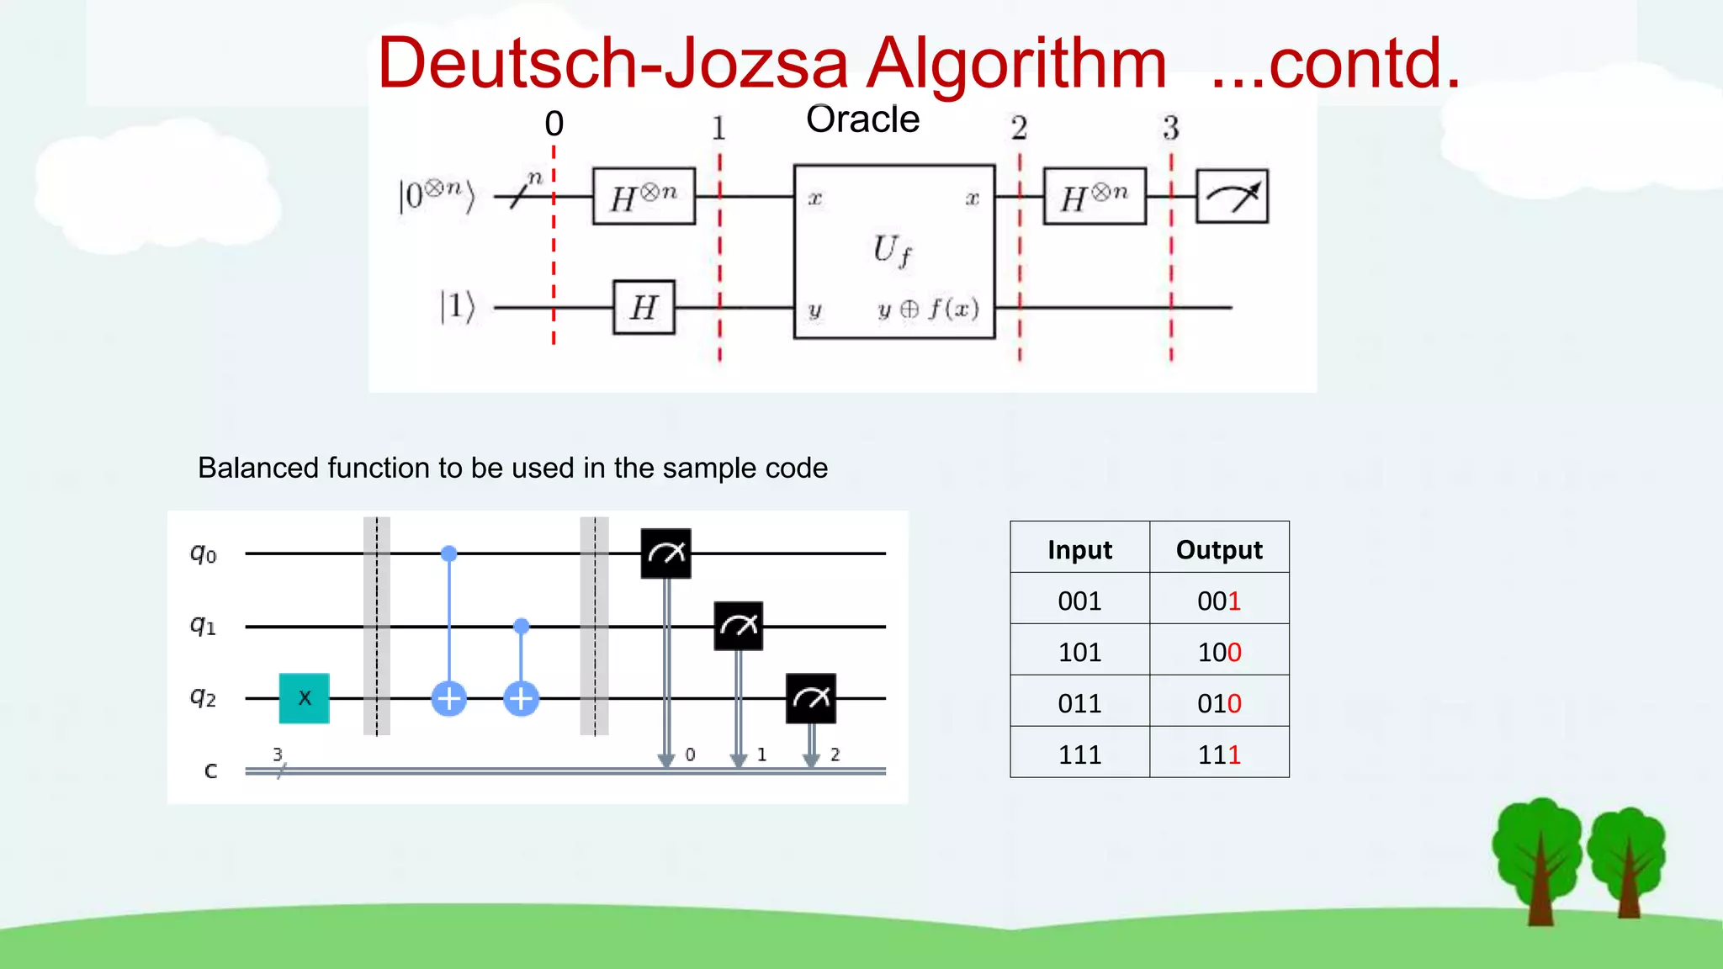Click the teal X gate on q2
(x=304, y=698)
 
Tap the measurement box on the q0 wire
(x=665, y=553)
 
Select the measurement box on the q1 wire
(x=738, y=626)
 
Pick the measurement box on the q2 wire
(x=810, y=698)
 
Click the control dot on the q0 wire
(x=449, y=553)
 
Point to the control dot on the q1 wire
(x=522, y=626)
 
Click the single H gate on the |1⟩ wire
(x=644, y=307)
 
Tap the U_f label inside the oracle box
(x=892, y=250)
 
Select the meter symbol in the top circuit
(x=1232, y=196)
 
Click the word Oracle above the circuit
(x=862, y=119)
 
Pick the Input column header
(x=1079, y=549)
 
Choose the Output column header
(x=1219, y=549)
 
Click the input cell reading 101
(x=1079, y=651)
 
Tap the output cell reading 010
(x=1219, y=702)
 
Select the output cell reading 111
(x=1219, y=754)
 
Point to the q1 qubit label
(x=203, y=626)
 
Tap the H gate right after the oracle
(x=1094, y=196)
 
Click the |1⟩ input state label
(x=457, y=307)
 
